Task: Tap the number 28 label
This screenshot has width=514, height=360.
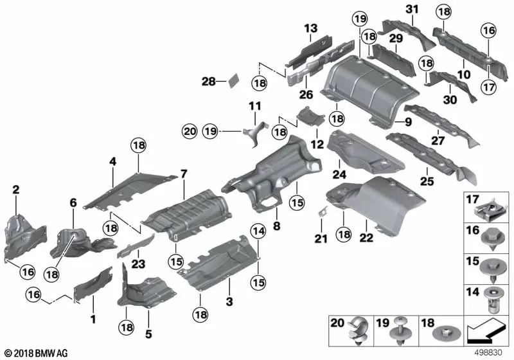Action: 209,82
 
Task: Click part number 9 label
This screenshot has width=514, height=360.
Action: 407,122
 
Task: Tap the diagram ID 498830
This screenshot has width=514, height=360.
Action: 489,353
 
